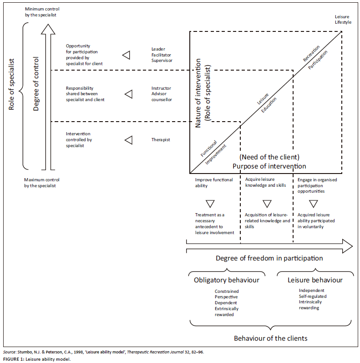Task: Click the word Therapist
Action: (x=161, y=140)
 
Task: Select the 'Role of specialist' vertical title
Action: (x=12, y=84)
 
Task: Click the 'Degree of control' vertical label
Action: (x=36, y=85)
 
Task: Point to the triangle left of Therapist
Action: (x=128, y=140)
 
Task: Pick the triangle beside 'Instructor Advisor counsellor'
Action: (x=128, y=94)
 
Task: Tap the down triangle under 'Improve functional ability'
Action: (x=210, y=204)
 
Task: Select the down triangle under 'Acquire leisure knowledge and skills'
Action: (x=267, y=204)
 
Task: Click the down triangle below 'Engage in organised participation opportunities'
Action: (x=313, y=204)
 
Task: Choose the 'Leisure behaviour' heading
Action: (x=314, y=280)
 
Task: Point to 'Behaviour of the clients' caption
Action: (x=271, y=338)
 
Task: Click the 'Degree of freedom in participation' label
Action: (x=269, y=258)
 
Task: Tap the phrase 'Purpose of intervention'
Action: (x=269, y=166)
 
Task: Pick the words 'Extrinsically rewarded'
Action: (x=227, y=312)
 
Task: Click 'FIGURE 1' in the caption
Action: (x=14, y=359)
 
